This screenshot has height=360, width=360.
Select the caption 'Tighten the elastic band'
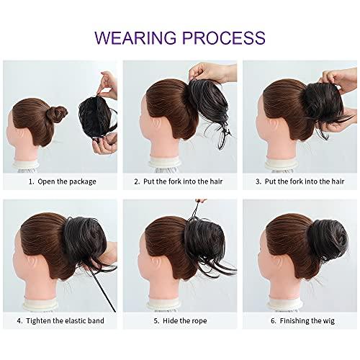click(x=66, y=338)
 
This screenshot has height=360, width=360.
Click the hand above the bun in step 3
click(x=331, y=76)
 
